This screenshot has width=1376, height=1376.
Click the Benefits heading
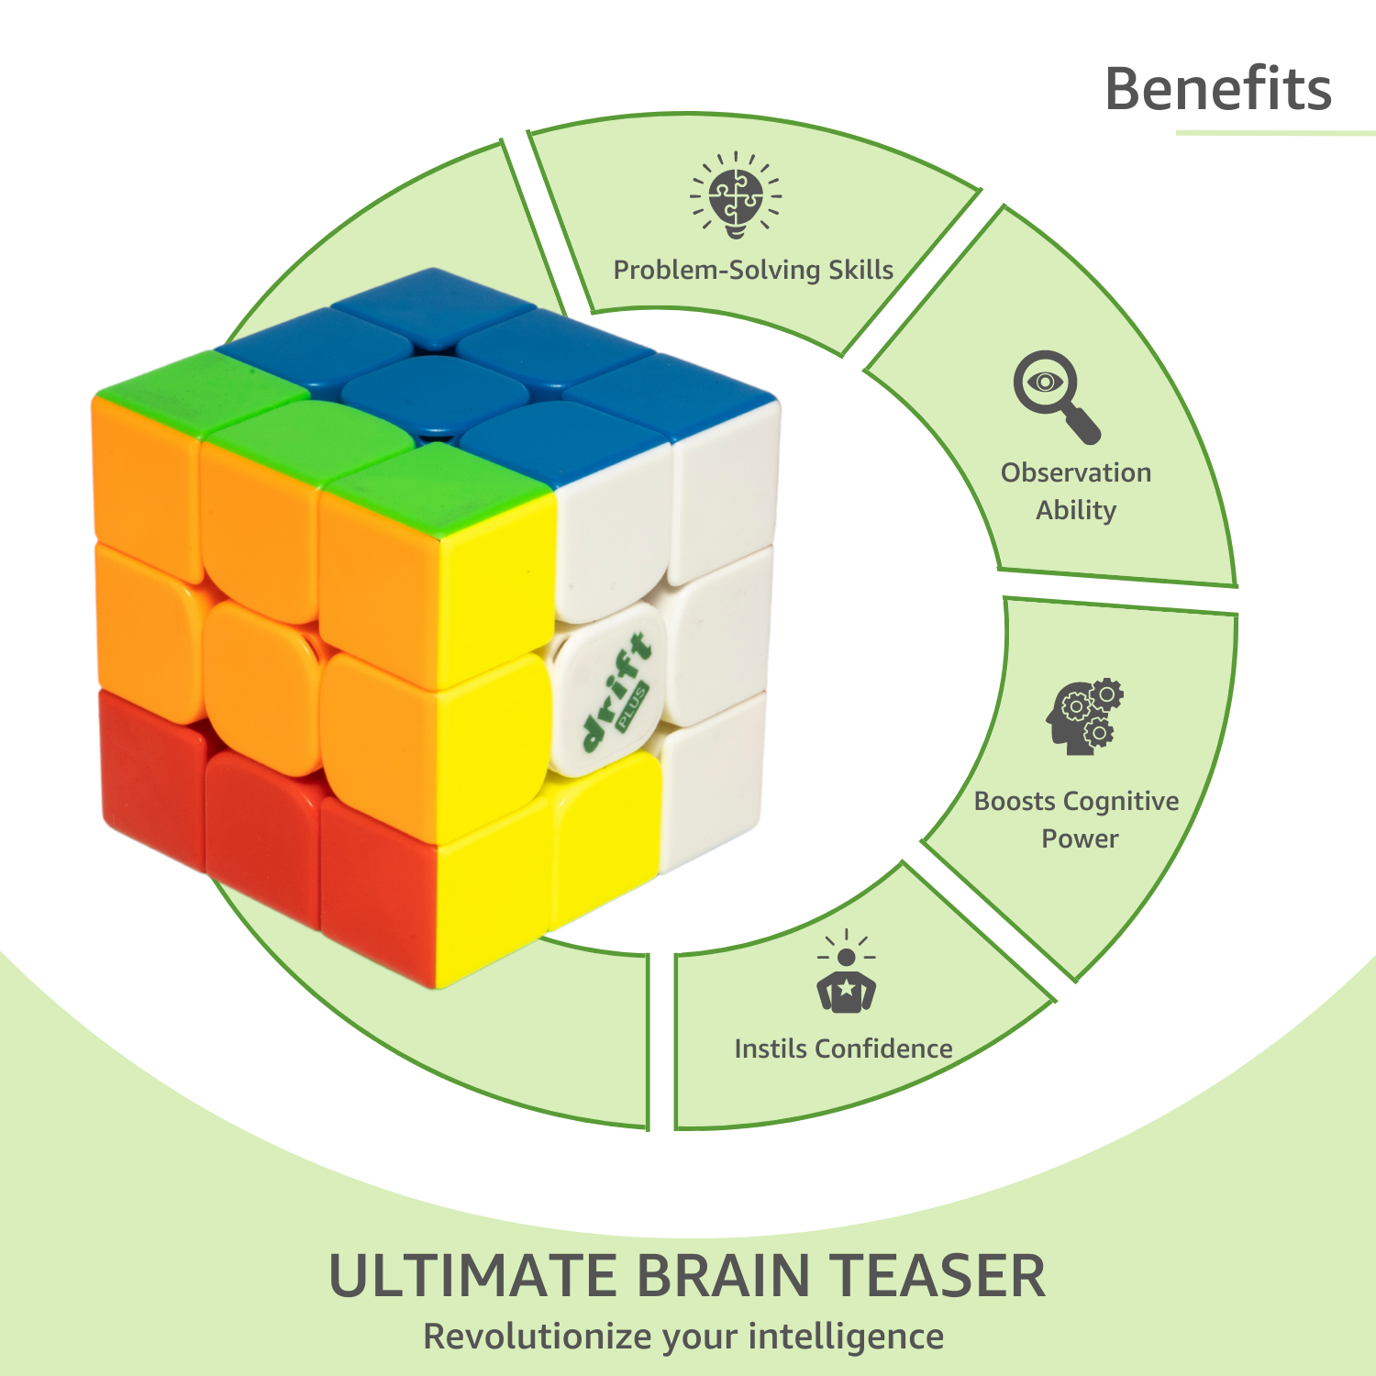pos(1218,89)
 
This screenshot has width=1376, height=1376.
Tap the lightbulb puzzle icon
pos(736,195)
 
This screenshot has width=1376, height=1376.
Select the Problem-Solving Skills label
pos(753,270)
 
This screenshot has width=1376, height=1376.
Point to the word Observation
pos(1076,472)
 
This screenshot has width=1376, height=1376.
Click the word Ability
pos(1076,510)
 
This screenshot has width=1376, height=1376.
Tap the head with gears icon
pos(1084,717)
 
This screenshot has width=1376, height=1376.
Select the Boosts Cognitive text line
pos(1076,802)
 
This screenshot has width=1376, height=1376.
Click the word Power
pos(1080,838)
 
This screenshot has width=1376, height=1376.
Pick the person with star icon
pos(846,971)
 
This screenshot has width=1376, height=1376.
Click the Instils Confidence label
pos(843,1049)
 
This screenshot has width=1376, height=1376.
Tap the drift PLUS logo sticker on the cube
pos(608,694)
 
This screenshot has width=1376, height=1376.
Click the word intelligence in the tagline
pos(846,1337)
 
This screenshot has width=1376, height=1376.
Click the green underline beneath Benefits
pos(1276,133)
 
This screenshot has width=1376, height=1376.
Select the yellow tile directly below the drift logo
pos(604,836)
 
